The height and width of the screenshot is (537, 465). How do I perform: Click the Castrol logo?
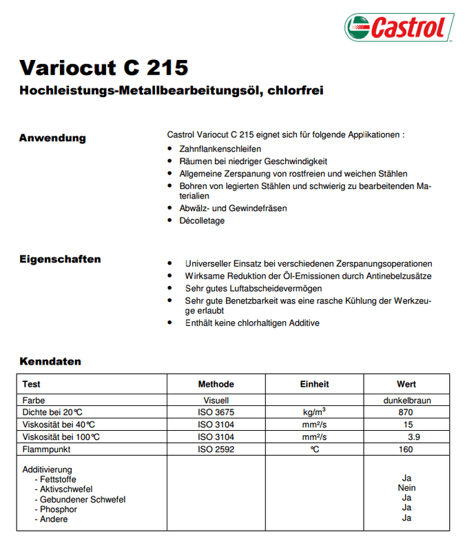[x=399, y=28]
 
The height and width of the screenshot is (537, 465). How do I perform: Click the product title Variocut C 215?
[x=103, y=68]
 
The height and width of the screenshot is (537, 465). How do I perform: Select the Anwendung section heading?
[x=52, y=138]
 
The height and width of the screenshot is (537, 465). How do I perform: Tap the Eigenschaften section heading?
[x=60, y=260]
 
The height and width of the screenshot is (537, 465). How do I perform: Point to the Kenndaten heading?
[x=50, y=361]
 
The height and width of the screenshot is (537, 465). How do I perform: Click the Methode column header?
[x=216, y=384]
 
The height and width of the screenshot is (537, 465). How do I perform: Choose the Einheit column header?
[x=314, y=384]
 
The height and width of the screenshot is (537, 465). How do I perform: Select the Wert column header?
[x=406, y=384]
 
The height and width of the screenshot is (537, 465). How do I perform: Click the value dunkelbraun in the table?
[x=406, y=400]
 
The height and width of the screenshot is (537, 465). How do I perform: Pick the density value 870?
[x=406, y=412]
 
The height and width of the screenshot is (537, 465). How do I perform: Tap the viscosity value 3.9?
[x=409, y=437]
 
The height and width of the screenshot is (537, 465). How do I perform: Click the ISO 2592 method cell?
[x=216, y=449]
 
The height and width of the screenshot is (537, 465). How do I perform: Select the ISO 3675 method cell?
[x=216, y=412]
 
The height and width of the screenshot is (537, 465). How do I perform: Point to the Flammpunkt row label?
[x=47, y=449]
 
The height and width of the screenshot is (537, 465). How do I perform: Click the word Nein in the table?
[x=406, y=488]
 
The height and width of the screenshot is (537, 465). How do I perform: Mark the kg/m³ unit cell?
[x=314, y=412]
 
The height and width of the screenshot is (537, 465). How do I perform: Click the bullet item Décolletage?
[x=202, y=221]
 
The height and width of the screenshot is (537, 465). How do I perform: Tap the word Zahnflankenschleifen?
[x=220, y=149]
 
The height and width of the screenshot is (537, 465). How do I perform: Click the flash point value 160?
[x=406, y=449]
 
